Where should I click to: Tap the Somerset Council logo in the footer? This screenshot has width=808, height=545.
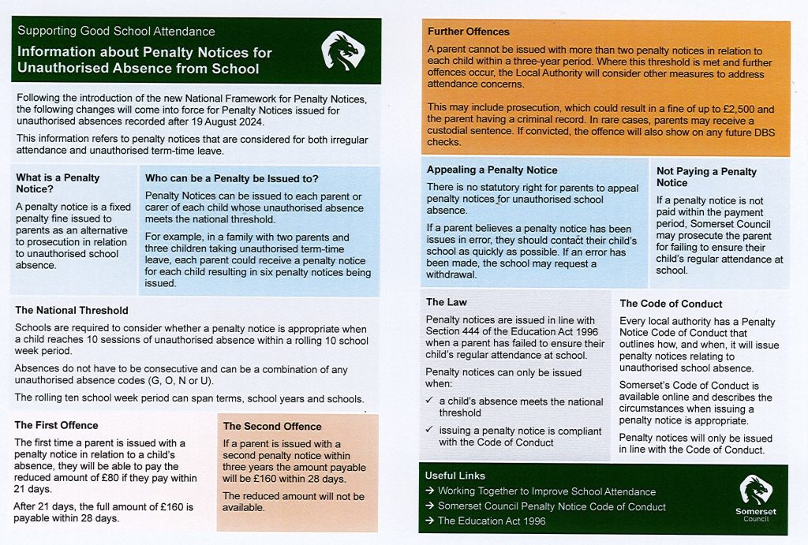757,499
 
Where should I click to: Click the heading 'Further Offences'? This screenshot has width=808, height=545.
469,32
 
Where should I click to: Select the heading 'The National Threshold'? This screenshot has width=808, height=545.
72,310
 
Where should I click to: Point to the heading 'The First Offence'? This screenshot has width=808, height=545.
56,425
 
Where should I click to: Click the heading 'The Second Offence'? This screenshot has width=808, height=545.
272,426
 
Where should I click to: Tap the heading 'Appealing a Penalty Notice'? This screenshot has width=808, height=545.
492,170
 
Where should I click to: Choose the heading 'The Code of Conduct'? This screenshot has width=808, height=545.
671,303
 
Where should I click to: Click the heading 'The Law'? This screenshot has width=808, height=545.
446,302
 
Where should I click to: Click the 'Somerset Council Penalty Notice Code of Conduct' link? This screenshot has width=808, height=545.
552,506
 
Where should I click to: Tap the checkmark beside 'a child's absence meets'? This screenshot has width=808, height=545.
428,401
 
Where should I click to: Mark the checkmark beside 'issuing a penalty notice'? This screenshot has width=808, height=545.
428,430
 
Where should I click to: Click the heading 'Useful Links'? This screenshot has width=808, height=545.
455,476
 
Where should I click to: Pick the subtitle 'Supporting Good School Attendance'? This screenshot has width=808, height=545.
116,32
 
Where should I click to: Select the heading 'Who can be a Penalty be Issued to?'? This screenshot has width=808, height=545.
232,178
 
